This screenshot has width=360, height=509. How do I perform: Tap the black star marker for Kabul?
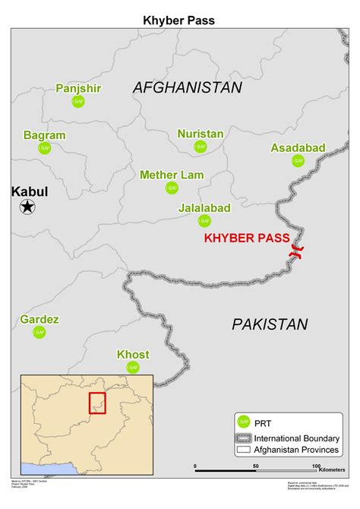coord(27,206)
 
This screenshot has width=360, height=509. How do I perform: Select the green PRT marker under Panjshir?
coord(78,101)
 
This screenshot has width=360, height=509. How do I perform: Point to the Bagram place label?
coord(44,135)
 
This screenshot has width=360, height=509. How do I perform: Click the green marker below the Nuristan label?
coord(201,147)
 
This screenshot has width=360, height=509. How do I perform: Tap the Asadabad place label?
coord(298,147)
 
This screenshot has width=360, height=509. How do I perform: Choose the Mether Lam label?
coord(172,175)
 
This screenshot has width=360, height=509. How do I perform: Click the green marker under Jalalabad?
coord(204,220)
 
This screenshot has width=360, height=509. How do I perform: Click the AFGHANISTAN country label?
coord(188,87)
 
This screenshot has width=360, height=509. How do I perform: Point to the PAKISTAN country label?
coord(270,324)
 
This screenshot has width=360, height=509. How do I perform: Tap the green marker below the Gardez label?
coord(39,332)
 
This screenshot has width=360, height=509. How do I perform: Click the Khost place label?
coord(133,355)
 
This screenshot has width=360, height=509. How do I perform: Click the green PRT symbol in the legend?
coord(244,422)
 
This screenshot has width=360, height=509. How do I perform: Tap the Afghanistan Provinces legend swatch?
coord(244,450)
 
